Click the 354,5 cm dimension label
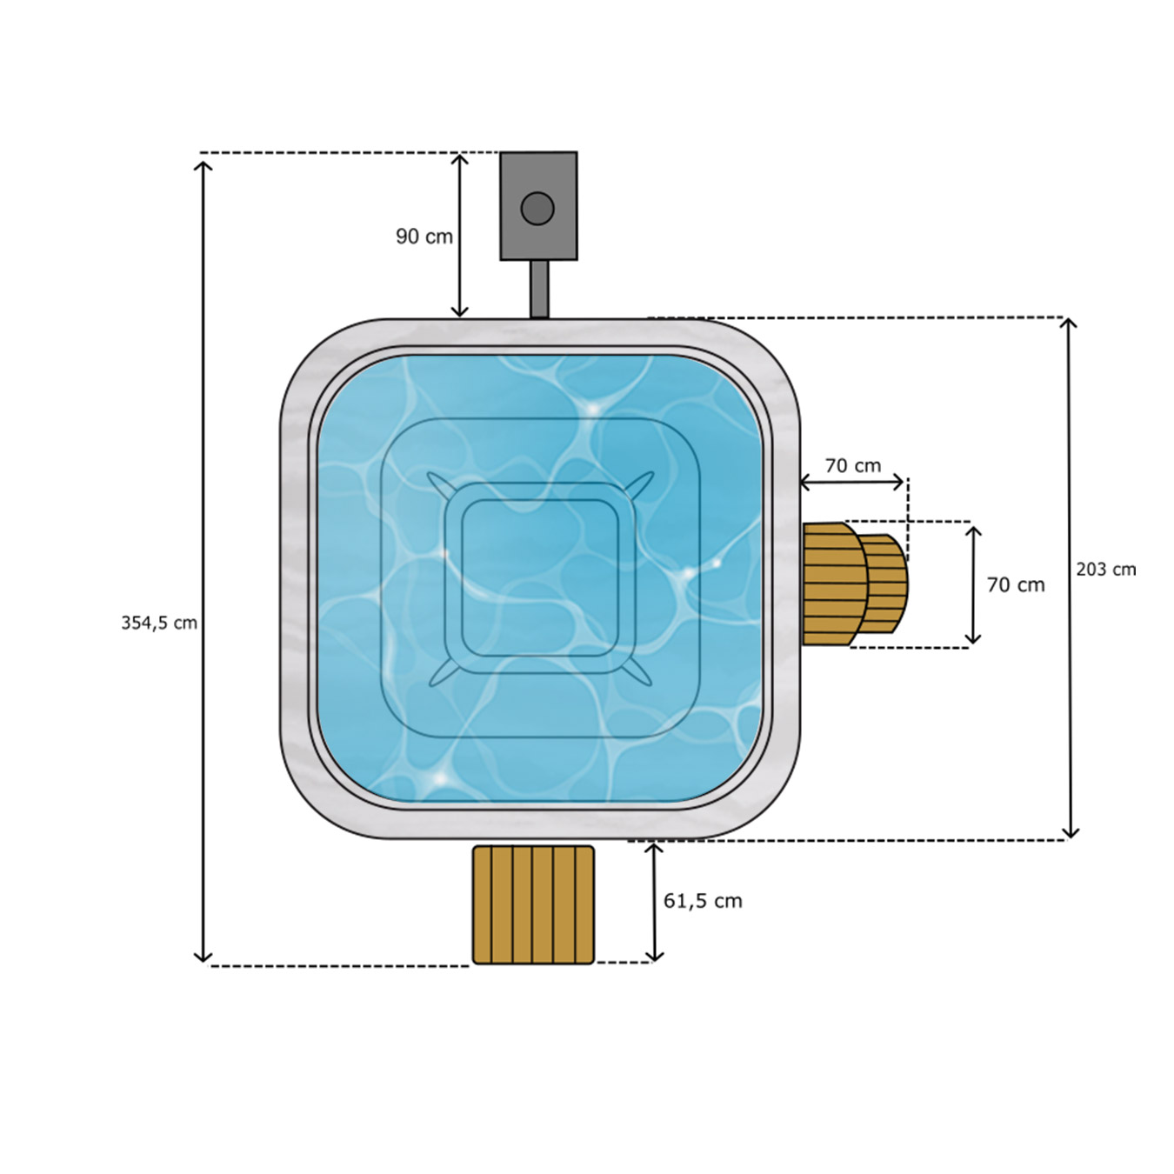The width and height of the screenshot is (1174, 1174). (159, 623)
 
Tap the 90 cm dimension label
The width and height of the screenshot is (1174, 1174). (424, 237)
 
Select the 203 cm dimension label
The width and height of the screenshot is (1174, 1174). (1106, 569)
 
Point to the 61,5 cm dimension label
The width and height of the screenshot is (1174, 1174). (703, 900)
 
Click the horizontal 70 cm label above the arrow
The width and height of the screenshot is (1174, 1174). (853, 465)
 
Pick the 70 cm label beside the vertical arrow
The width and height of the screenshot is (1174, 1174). (1016, 585)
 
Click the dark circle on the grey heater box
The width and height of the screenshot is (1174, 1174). (537, 209)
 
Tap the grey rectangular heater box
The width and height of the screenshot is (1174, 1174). (538, 206)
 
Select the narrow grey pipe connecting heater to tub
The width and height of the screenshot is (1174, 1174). (539, 290)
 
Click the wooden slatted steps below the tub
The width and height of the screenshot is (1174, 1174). (533, 904)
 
